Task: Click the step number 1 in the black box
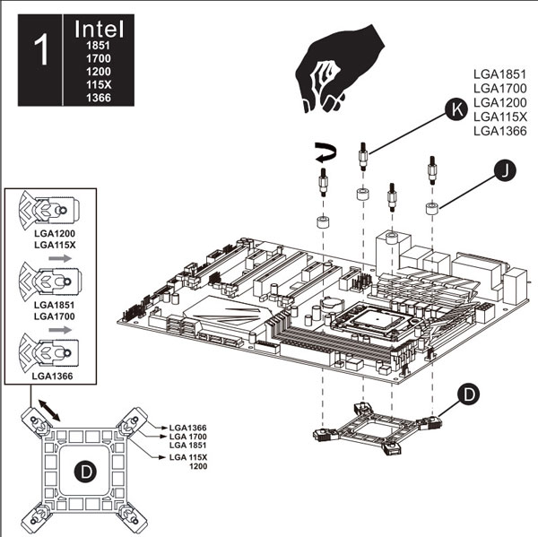(x=39, y=51)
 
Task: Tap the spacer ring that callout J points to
(x=433, y=209)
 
